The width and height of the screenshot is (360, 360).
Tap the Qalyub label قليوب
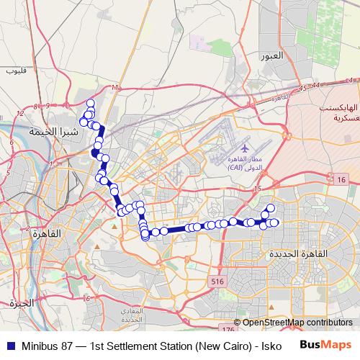pyautogui.click(x=15, y=71)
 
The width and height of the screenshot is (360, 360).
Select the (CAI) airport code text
pyautogui.click(x=236, y=166)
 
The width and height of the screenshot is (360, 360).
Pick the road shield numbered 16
pyautogui.click(x=341, y=179)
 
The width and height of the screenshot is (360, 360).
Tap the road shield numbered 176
pyautogui.click(x=228, y=329)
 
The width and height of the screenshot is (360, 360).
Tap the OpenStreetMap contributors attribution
pyautogui.click(x=297, y=322)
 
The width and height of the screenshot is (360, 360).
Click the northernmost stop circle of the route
pyautogui.click(x=90, y=104)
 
